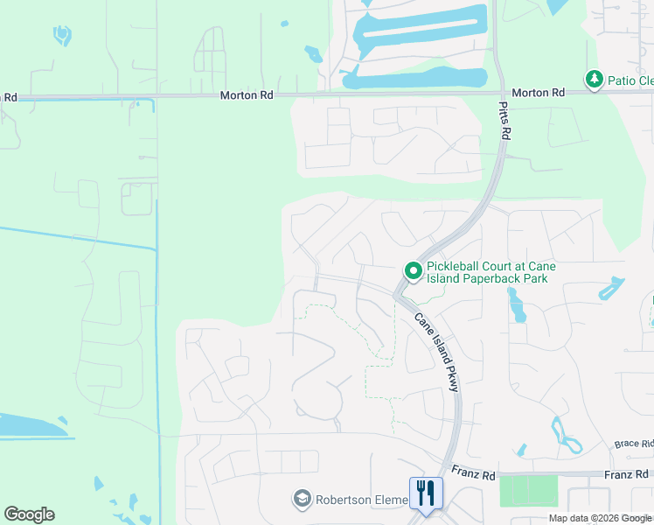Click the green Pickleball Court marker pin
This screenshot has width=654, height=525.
(x=413, y=272)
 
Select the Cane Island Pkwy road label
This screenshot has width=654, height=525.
(x=436, y=352)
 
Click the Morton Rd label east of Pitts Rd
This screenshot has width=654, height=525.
(x=538, y=92)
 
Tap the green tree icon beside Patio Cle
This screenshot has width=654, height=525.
(x=595, y=80)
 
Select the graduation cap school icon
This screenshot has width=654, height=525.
(x=303, y=500)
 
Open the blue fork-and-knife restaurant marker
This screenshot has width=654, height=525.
(x=426, y=493)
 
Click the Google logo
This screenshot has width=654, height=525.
(x=29, y=514)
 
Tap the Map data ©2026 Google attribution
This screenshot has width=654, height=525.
(x=600, y=518)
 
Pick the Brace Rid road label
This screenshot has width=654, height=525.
(x=633, y=444)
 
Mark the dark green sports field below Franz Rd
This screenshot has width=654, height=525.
(x=528, y=490)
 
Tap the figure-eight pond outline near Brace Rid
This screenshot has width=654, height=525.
(x=566, y=436)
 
